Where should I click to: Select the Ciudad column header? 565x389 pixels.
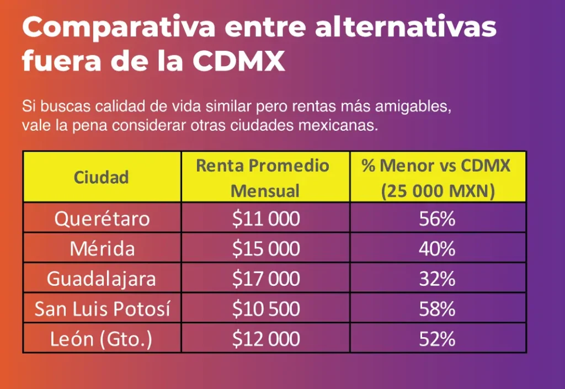tap(102, 177)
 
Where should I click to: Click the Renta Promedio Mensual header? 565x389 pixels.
tap(265, 178)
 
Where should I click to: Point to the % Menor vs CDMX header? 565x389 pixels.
tap(437, 178)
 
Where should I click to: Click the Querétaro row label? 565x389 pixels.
tap(102, 219)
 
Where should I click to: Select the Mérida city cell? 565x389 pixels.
tap(102, 249)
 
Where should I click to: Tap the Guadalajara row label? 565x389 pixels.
tap(102, 279)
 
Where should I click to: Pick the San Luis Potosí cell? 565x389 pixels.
tap(103, 308)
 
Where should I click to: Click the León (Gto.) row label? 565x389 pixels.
tap(102, 338)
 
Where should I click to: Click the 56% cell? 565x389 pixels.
tap(437, 219)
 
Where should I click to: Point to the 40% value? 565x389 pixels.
tap(437, 249)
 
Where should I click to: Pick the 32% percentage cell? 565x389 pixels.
tap(437, 279)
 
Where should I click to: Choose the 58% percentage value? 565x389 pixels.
tap(437, 308)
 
